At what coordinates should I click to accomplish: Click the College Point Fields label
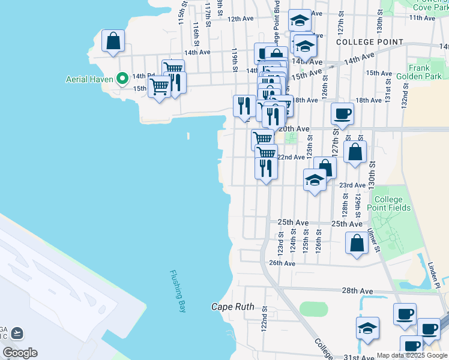click(x=392, y=203)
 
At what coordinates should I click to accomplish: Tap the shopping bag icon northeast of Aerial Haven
click(x=113, y=42)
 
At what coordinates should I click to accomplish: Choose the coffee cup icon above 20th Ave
click(x=342, y=113)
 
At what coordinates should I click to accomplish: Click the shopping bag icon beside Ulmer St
click(x=357, y=243)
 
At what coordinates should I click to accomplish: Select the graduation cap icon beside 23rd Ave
click(x=315, y=179)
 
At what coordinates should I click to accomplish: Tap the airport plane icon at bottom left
click(x=17, y=332)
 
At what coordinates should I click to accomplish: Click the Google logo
click(x=19, y=352)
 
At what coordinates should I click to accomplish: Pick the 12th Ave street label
click(x=240, y=19)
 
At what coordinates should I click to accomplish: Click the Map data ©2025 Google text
click(x=412, y=355)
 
